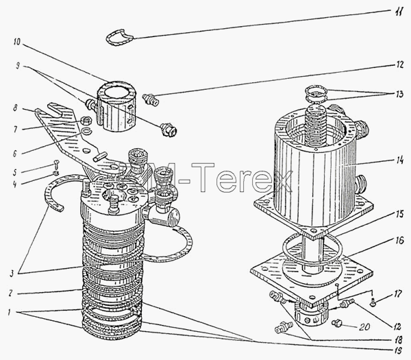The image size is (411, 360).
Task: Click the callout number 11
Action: point(399,12)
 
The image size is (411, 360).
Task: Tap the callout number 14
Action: point(399,160)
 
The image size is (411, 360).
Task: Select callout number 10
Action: point(17,42)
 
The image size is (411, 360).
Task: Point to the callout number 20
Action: point(364,326)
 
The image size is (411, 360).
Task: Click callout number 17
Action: point(397,294)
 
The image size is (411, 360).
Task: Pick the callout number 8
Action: point(15,108)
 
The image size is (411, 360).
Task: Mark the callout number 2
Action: point(10,293)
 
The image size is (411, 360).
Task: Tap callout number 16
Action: point(399,241)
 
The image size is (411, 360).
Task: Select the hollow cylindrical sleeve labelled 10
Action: point(116,106)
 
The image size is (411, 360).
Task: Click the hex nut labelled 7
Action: point(86,121)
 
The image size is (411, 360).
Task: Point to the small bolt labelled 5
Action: point(57,164)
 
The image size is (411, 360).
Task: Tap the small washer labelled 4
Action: point(55,173)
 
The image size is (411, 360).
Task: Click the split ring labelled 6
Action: point(87,130)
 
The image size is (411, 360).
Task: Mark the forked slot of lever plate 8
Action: point(55,110)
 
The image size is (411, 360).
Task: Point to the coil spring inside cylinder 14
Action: point(315,125)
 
